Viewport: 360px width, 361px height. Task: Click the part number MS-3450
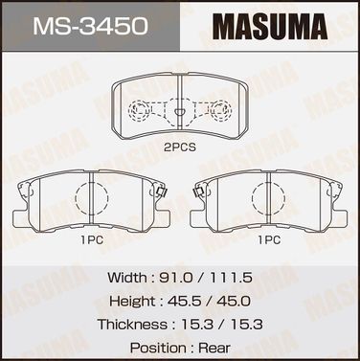click(x=90, y=26)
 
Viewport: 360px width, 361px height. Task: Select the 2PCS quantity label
click(x=180, y=147)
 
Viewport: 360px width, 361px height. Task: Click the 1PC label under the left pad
click(x=92, y=239)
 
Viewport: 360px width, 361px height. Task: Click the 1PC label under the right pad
click(x=269, y=239)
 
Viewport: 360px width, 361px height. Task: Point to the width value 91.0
click(x=176, y=278)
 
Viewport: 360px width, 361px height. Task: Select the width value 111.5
click(x=231, y=278)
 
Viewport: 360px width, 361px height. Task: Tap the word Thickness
click(x=132, y=325)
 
